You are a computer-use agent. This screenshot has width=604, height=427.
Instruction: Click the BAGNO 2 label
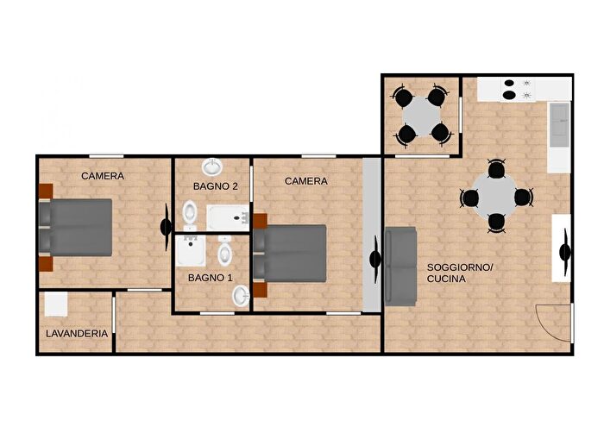tap(215, 185)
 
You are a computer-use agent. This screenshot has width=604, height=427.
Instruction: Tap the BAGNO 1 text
tap(211, 277)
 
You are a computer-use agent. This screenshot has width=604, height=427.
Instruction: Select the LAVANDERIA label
tap(77, 333)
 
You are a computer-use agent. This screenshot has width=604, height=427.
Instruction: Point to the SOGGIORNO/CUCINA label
tap(460, 273)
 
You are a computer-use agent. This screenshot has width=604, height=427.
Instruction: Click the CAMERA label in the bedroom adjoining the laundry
tap(103, 176)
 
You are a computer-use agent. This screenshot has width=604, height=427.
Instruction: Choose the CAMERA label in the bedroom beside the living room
tap(306, 181)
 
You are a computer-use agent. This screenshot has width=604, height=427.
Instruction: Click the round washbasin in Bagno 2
tap(211, 166)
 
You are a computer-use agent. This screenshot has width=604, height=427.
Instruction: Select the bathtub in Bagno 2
tap(228, 218)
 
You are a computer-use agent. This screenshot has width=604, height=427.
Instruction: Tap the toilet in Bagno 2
tap(191, 211)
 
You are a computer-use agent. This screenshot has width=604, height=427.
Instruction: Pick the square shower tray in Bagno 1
tap(190, 251)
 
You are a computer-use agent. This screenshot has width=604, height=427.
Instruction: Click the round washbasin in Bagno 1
tap(240, 296)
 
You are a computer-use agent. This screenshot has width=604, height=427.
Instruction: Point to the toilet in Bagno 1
tap(225, 253)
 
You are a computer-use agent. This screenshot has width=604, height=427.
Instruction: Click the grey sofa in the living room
tap(400, 266)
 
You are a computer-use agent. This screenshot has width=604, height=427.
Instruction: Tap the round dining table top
tap(496, 198)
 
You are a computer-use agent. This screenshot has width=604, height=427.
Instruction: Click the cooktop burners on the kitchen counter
tap(516, 90)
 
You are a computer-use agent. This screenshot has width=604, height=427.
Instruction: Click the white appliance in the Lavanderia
tap(55, 304)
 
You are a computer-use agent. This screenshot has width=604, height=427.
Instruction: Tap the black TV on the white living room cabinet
tap(565, 252)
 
